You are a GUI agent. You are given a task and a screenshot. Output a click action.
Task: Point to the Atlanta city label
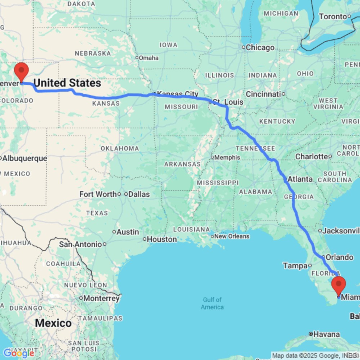click(x=300, y=179)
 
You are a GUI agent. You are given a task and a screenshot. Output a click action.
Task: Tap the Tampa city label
click(x=294, y=266)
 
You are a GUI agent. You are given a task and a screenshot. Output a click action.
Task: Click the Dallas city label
click(x=139, y=194)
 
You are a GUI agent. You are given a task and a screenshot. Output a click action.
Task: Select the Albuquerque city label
click(x=25, y=158)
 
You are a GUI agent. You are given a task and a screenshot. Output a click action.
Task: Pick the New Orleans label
click(x=232, y=236)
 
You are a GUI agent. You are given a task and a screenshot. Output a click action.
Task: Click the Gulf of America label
click(x=212, y=303)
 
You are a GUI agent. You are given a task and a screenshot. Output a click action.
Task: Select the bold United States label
click(x=67, y=83)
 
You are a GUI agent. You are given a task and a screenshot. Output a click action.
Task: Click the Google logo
click(x=19, y=353)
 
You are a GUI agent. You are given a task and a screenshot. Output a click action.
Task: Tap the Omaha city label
click(x=149, y=58)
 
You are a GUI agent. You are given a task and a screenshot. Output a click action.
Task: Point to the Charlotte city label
click(x=311, y=157)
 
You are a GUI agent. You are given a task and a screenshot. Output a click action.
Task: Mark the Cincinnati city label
click(x=263, y=94)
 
